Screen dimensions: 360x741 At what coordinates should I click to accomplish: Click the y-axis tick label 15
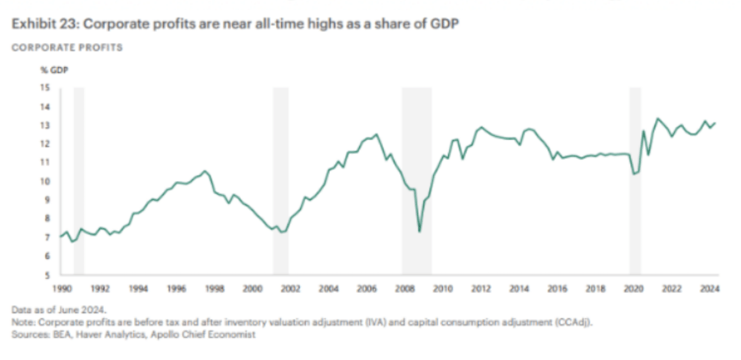pos(45,88)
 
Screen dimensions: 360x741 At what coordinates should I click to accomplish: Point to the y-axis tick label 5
pos(47,275)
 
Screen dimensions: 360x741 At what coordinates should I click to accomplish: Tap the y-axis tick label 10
pos(45,181)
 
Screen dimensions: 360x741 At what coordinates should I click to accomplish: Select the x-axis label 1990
pos(62,289)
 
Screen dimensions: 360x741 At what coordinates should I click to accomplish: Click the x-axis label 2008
pos(405,289)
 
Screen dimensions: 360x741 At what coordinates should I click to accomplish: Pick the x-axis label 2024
pos(710,289)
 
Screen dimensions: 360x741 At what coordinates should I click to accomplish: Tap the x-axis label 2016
pos(557,289)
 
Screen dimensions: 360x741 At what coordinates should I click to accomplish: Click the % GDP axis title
pos(54,70)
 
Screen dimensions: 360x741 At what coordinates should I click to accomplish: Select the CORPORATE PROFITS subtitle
pos(67,48)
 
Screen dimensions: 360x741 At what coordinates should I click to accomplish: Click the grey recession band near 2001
pos(281,180)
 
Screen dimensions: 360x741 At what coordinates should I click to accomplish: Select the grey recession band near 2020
pos(635,180)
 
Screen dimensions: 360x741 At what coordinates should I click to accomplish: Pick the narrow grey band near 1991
pos(79,180)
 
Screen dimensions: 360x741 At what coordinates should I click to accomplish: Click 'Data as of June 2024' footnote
pos(59,310)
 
